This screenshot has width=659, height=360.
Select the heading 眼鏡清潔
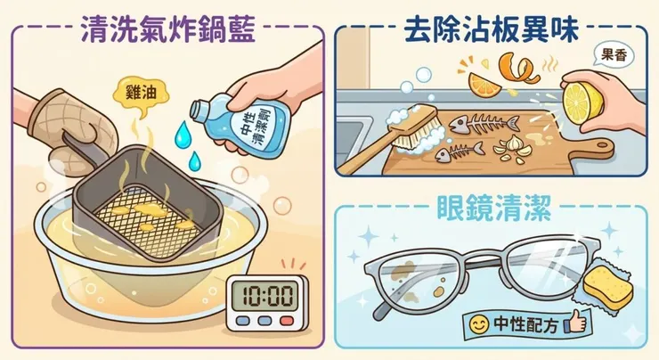(491, 211)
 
